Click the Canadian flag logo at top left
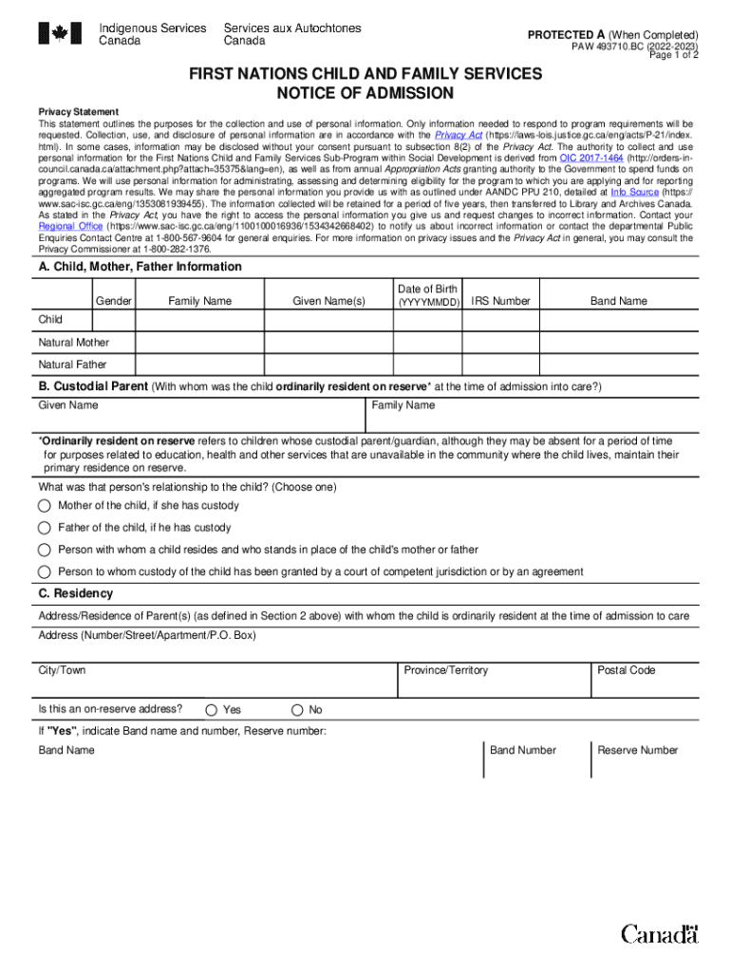click(59, 34)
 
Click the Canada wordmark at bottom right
click(660, 935)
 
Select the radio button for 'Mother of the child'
click(45, 506)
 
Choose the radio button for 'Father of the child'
click(45, 528)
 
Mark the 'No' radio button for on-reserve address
click(297, 710)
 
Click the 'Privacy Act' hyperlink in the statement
click(459, 136)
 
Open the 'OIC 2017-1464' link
click(591, 159)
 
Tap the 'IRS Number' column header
click(500, 302)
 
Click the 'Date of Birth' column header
click(427, 290)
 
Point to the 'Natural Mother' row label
click(74, 343)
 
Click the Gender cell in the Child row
click(113, 321)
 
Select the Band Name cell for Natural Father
click(618, 364)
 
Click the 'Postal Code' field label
click(626, 671)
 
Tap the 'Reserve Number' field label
click(637, 751)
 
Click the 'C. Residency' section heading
click(75, 594)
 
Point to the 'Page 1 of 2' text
click(674, 55)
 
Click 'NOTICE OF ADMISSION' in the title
click(365, 93)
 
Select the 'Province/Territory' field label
click(445, 671)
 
